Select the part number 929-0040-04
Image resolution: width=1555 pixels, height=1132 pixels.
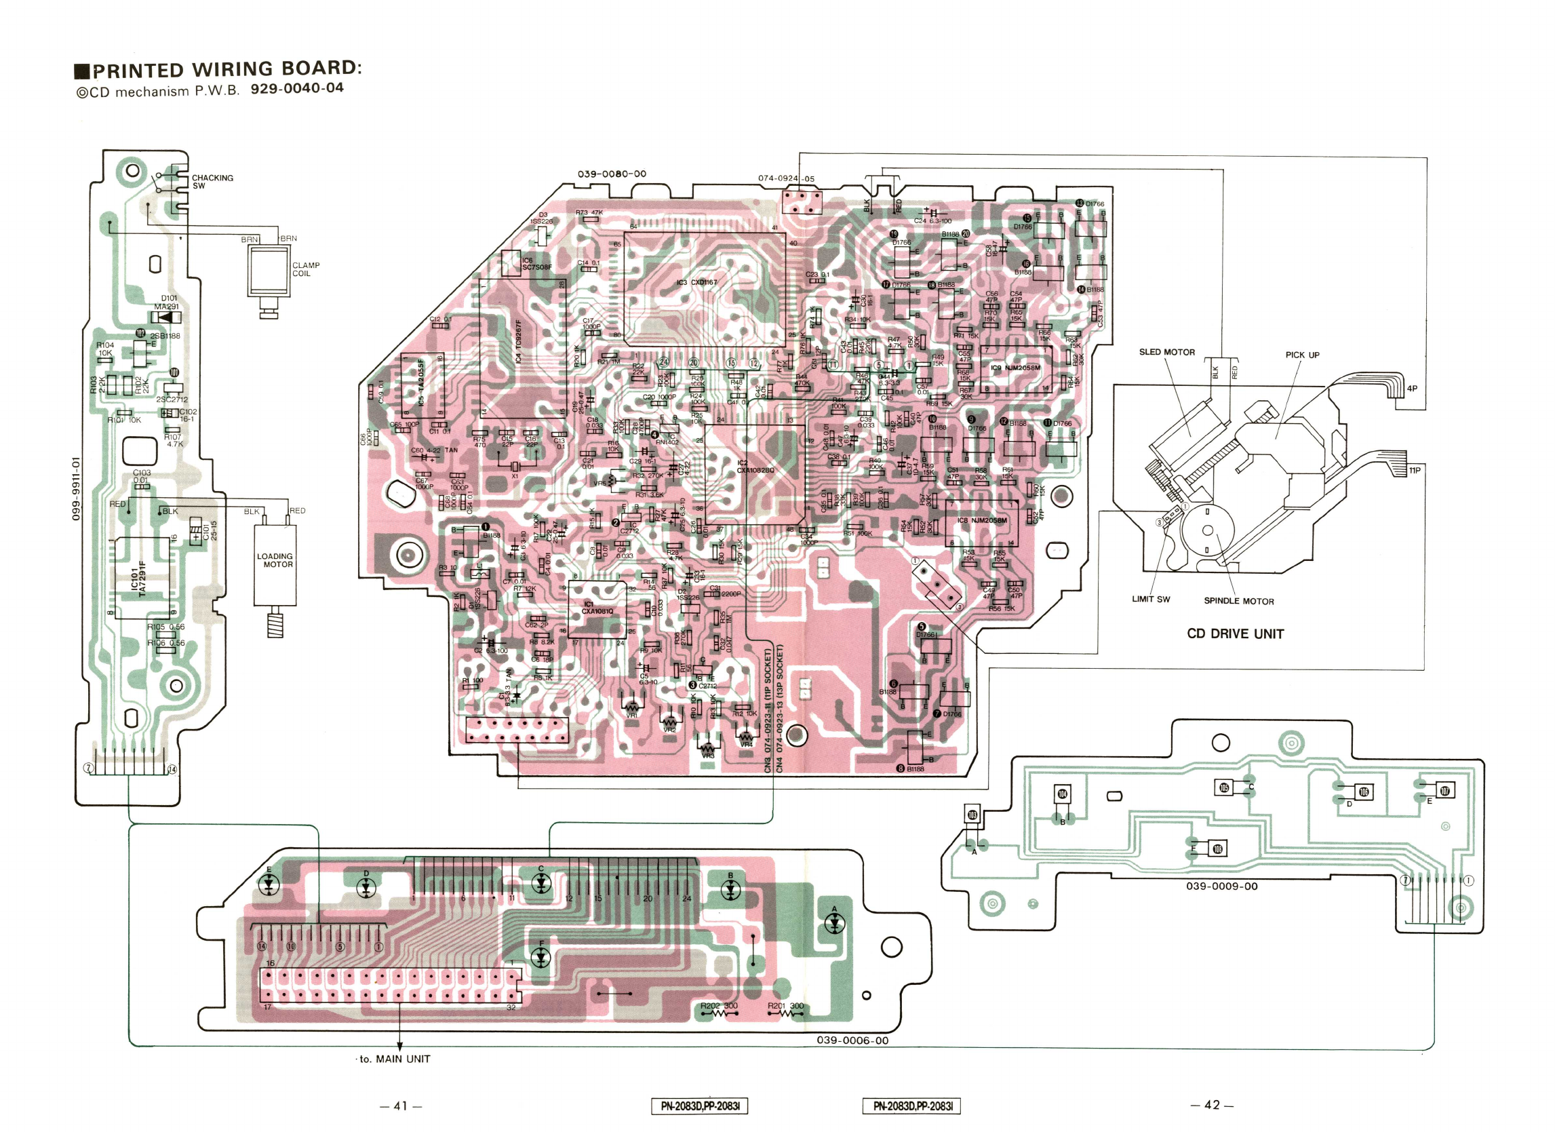[297, 88]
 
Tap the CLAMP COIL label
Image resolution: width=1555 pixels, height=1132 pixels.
[306, 269]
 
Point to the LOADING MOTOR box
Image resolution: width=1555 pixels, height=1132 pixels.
[275, 564]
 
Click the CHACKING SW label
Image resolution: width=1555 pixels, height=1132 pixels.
[212, 182]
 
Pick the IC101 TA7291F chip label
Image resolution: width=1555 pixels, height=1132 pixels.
[139, 579]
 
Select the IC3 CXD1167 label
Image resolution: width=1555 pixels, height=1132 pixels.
[696, 282]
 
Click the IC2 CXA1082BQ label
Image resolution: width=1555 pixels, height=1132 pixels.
[754, 466]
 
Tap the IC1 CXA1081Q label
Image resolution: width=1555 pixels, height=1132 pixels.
[597, 608]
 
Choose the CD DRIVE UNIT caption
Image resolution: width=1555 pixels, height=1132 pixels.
[1235, 633]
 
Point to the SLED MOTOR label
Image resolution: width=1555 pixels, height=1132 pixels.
[1166, 353]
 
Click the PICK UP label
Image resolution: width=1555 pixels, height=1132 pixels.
[1302, 355]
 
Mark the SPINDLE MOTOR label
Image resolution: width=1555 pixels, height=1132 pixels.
[1238, 602]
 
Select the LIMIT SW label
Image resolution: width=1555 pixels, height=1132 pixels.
[1150, 600]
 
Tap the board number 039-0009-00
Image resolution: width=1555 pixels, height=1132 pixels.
[1222, 886]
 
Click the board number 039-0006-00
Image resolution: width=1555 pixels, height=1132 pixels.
[852, 1040]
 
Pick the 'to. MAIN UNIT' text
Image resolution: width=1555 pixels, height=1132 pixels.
[395, 1059]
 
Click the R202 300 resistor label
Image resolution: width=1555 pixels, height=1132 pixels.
[719, 1006]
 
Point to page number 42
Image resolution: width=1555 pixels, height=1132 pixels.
[1211, 1105]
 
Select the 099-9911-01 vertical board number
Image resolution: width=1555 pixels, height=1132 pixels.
[77, 488]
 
